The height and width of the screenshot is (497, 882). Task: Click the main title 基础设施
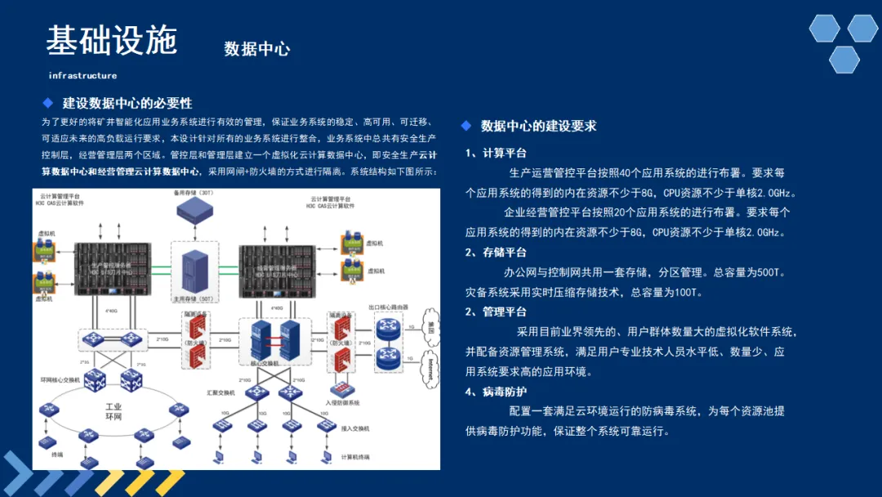[x=111, y=40]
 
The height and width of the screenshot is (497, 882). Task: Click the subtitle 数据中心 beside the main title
[x=256, y=49]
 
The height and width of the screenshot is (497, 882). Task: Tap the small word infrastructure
[x=82, y=75]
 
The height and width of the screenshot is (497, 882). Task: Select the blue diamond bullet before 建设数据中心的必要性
[x=47, y=103]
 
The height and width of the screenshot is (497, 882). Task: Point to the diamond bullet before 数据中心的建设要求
[x=465, y=126]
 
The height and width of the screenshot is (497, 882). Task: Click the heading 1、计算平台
[x=496, y=153]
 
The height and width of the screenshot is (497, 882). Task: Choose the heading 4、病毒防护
[x=496, y=392]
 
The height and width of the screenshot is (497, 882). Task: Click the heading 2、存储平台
[x=496, y=253]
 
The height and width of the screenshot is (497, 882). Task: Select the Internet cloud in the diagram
[x=424, y=369]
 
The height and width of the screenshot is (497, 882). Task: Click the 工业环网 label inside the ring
[x=114, y=412]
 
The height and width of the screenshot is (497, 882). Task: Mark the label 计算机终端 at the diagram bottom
[x=355, y=457]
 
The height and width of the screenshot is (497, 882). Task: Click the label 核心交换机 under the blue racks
[x=267, y=362]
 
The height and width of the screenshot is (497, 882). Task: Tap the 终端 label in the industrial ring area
[x=56, y=454]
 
